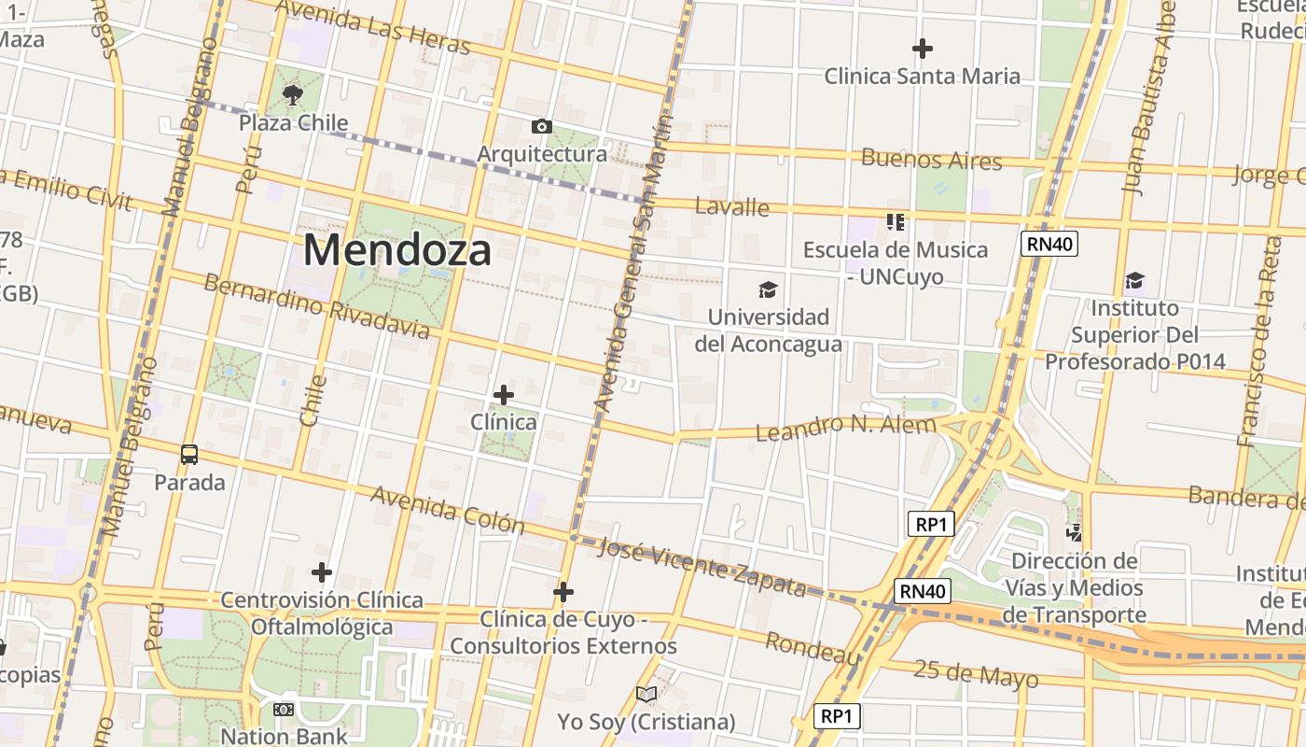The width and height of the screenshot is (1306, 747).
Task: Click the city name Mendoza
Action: click(x=396, y=250)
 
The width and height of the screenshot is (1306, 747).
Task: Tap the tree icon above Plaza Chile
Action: click(x=293, y=93)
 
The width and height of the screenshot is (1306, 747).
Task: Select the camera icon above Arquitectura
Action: click(x=541, y=126)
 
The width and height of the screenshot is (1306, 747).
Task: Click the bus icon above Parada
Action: click(x=189, y=455)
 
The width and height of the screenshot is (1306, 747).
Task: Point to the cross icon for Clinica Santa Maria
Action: click(x=923, y=48)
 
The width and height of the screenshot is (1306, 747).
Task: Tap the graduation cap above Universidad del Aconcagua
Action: click(x=768, y=289)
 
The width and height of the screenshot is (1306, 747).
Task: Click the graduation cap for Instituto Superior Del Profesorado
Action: click(x=1134, y=280)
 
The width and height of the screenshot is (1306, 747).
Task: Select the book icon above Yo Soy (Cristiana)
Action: click(x=646, y=694)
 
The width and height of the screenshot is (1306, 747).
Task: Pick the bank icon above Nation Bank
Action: click(x=284, y=710)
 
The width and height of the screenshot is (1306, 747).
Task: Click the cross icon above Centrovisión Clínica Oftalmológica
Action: click(x=322, y=571)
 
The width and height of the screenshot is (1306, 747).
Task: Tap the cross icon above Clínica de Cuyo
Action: click(x=563, y=591)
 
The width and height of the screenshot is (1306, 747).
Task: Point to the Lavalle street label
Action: click(x=733, y=206)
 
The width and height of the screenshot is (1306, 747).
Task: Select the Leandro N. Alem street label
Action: click(x=845, y=428)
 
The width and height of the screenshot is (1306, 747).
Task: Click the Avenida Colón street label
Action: click(x=448, y=509)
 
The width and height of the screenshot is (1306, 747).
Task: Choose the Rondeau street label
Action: click(x=813, y=647)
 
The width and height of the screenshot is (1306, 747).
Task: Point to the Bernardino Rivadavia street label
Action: click(x=316, y=306)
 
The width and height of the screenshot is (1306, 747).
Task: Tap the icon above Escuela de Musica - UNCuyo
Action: click(x=896, y=221)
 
